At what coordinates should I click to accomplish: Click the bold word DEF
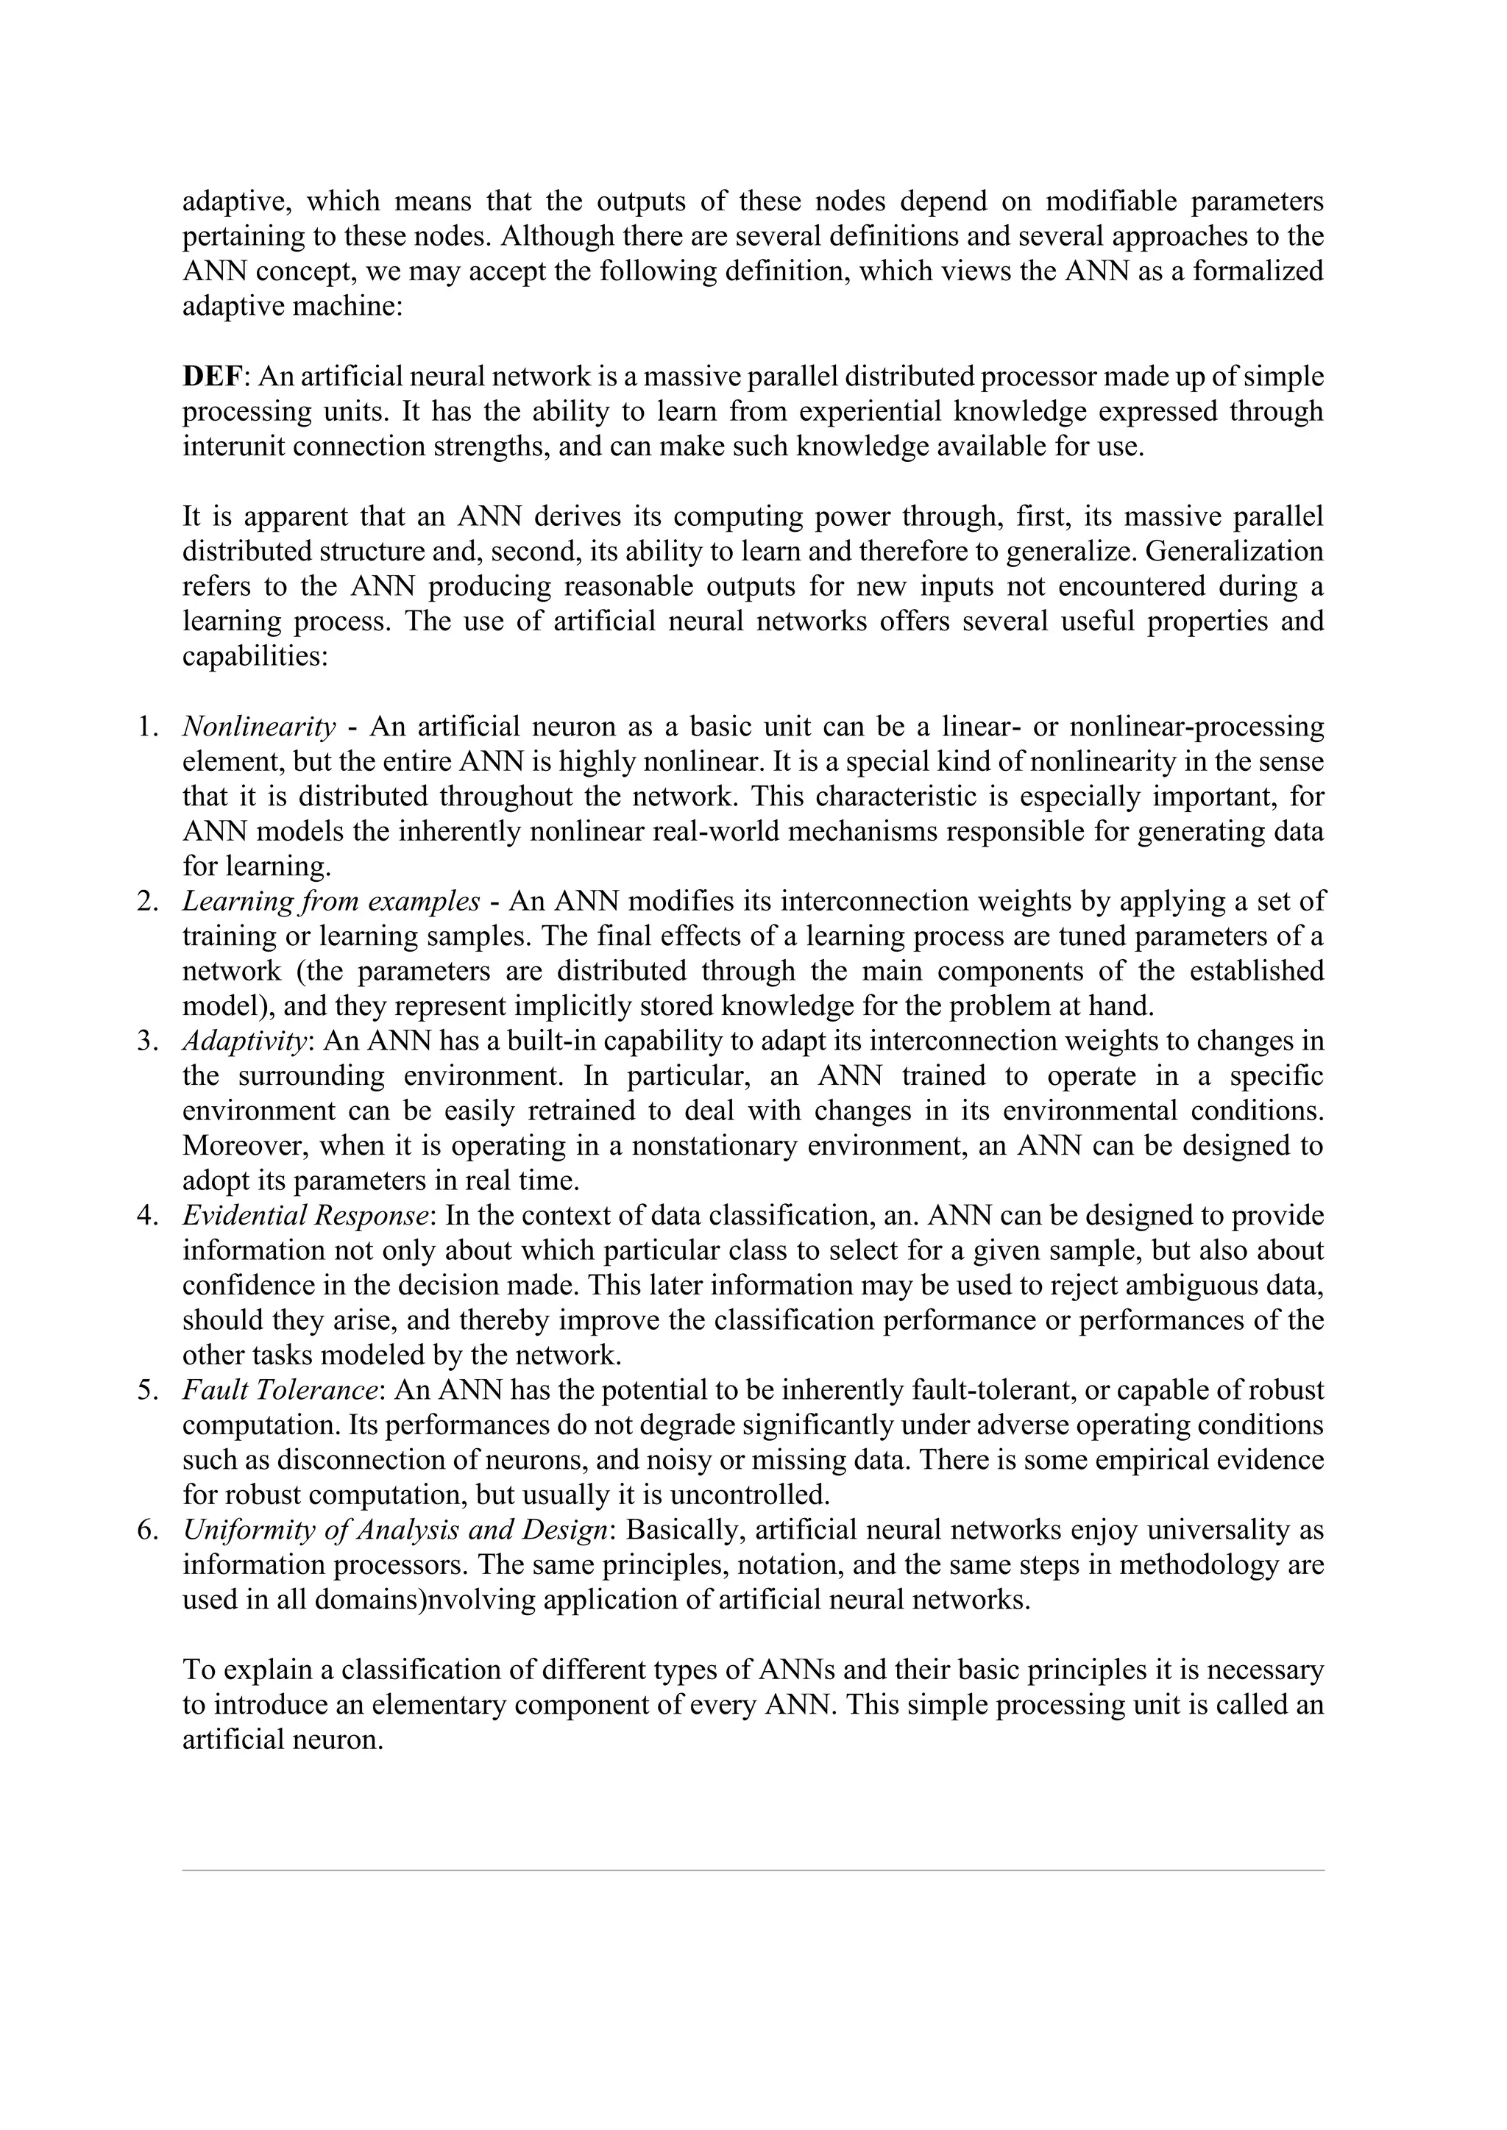pyautogui.click(x=213, y=377)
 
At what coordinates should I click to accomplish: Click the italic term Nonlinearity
pyautogui.click(x=259, y=727)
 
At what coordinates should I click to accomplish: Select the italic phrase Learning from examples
pyautogui.click(x=331, y=901)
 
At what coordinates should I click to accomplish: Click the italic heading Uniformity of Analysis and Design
pyautogui.click(x=395, y=1530)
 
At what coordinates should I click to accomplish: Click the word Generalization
pyautogui.click(x=1234, y=552)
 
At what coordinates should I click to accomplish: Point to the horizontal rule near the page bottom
pyautogui.click(x=753, y=1870)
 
